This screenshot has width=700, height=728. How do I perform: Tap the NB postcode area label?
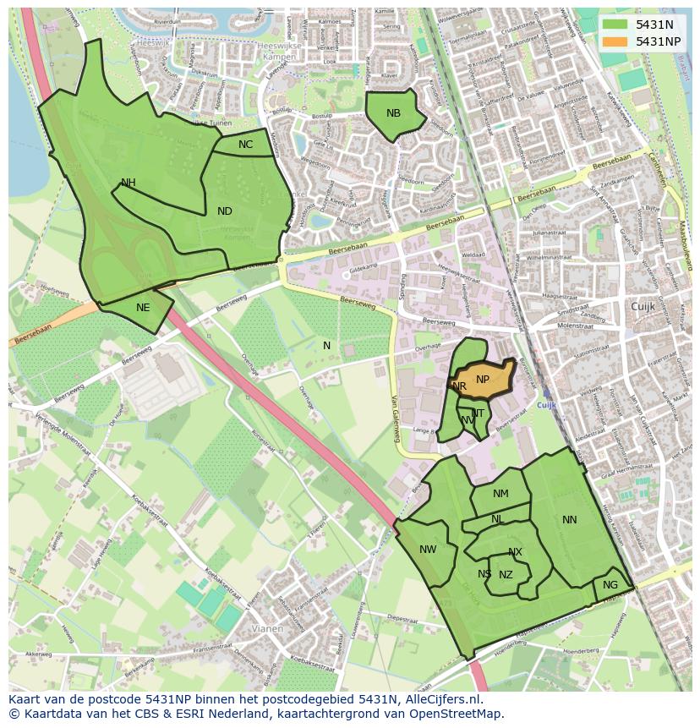click(x=393, y=113)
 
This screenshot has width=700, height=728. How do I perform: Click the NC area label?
click(x=245, y=145)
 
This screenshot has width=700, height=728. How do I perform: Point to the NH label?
click(x=128, y=183)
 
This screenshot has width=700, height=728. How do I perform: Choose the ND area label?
click(x=224, y=211)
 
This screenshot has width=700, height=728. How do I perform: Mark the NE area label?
click(x=143, y=308)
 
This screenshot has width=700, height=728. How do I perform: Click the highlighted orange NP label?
click(x=483, y=380)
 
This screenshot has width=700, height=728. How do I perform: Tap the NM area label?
click(x=500, y=494)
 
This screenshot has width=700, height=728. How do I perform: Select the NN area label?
click(x=569, y=520)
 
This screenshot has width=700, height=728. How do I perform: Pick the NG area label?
click(x=610, y=585)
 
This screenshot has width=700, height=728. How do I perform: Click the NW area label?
click(x=428, y=550)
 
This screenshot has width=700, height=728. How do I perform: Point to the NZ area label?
click(x=506, y=575)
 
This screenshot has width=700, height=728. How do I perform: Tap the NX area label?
click(x=515, y=552)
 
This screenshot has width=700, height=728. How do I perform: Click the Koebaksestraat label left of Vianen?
click(x=224, y=586)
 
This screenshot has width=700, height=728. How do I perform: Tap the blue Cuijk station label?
click(x=546, y=406)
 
